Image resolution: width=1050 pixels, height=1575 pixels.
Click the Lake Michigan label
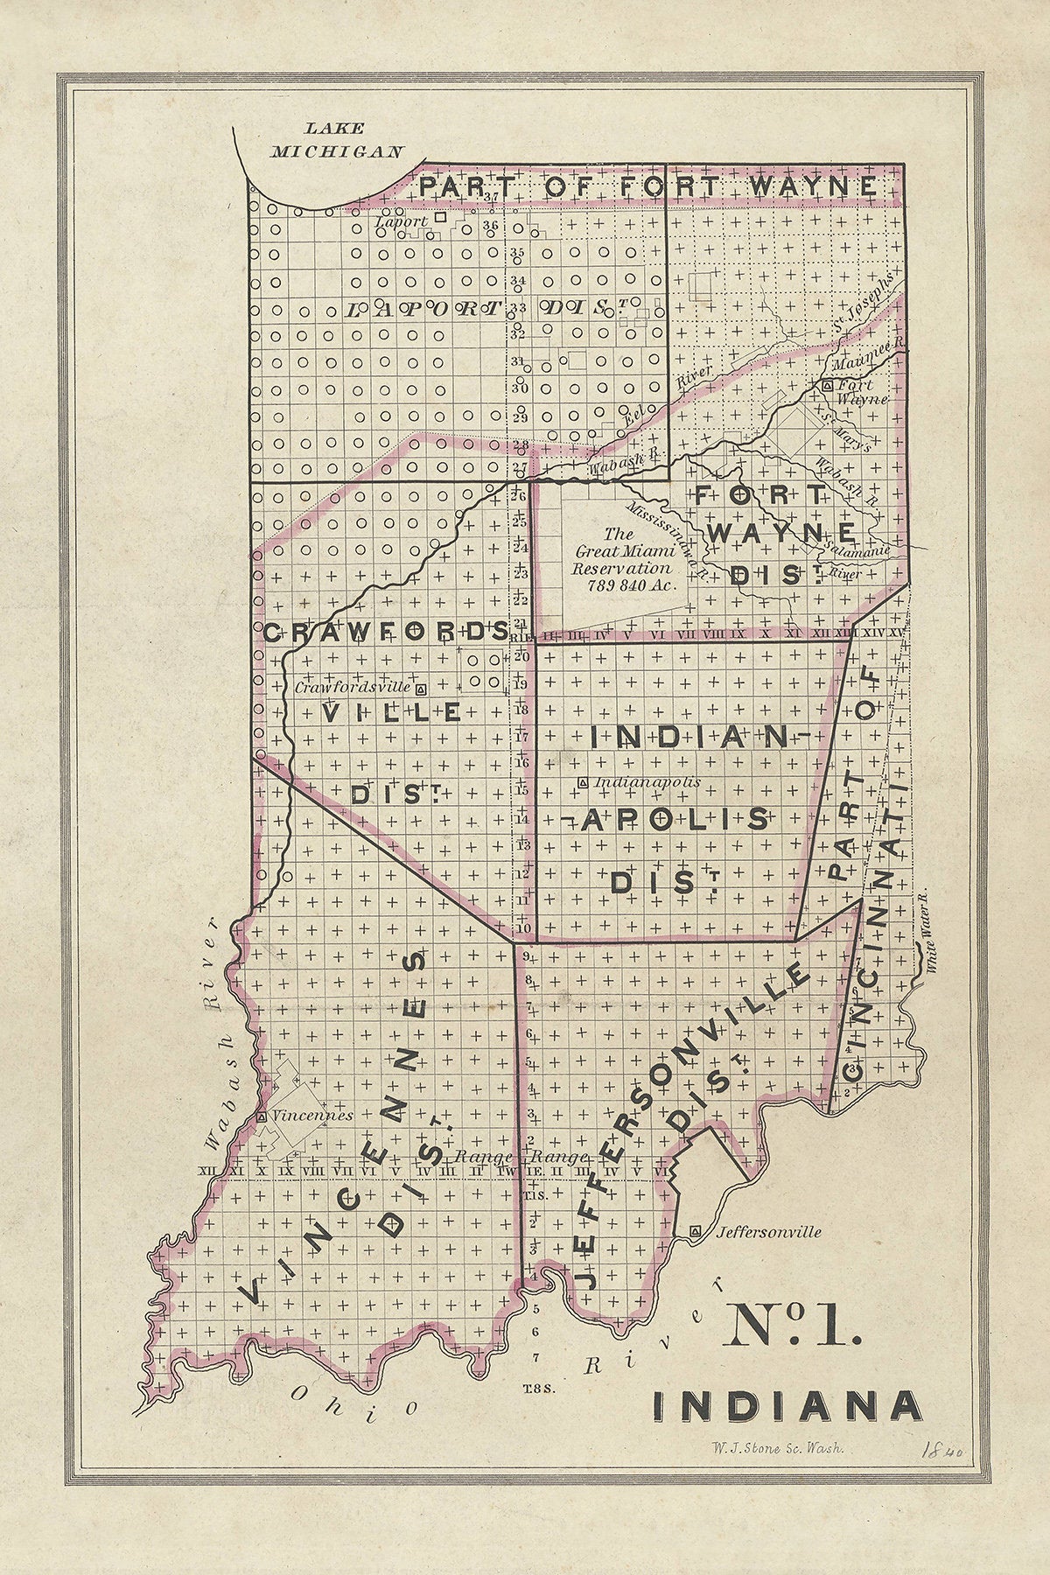(x=337, y=139)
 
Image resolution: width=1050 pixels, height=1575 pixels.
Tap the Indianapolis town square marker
(x=583, y=782)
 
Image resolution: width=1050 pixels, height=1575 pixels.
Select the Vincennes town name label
(x=312, y=1116)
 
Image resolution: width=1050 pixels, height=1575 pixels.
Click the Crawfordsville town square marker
(x=421, y=688)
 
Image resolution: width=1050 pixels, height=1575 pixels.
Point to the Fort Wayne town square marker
(x=827, y=385)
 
